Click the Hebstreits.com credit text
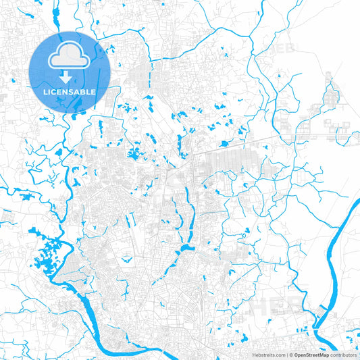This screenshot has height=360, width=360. [268, 354]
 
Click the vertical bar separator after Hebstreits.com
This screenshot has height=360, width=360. [286, 354]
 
